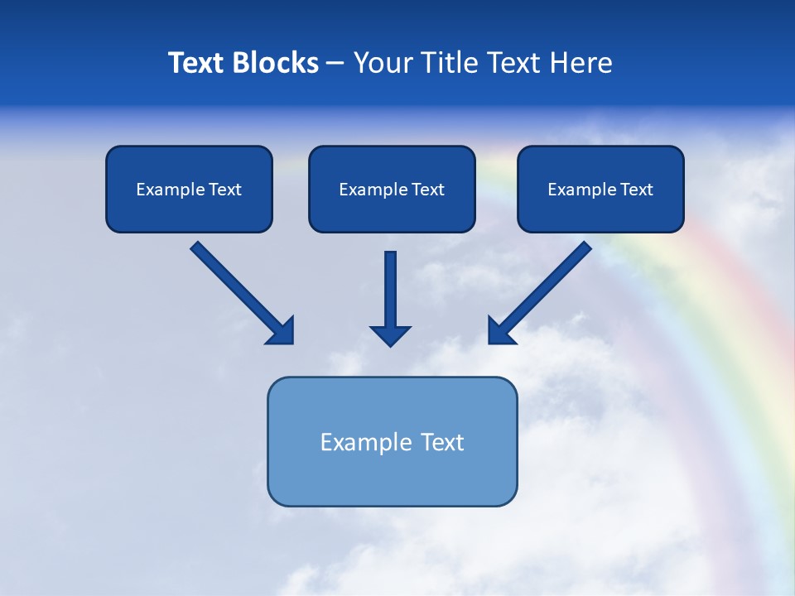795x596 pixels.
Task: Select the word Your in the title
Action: click(382, 63)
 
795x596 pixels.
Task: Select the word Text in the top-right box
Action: click(636, 190)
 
